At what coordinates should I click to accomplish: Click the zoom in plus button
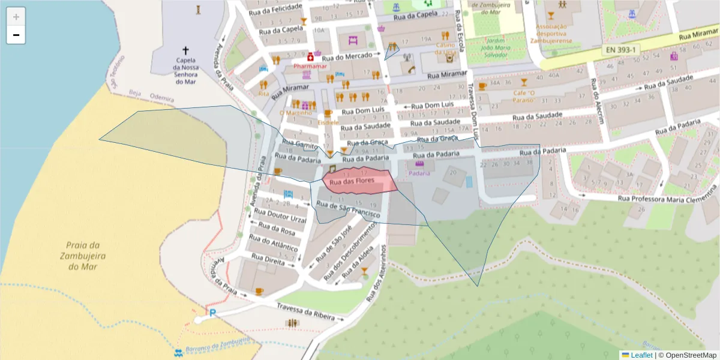pyautogui.click(x=16, y=17)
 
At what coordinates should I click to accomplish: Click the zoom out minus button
pyautogui.click(x=16, y=35)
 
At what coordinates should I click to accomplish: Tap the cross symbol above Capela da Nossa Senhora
pyautogui.click(x=185, y=51)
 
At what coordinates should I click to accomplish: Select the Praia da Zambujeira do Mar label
pyautogui.click(x=82, y=256)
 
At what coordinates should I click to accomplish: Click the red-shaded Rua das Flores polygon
pyautogui.click(x=360, y=181)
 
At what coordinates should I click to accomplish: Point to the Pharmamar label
pyautogui.click(x=310, y=66)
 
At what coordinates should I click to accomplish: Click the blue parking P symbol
pyautogui.click(x=212, y=313)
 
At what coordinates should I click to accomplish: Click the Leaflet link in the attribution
pyautogui.click(x=641, y=355)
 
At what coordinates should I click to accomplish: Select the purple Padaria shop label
pyautogui.click(x=419, y=173)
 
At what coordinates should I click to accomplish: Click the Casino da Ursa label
pyautogui.click(x=445, y=48)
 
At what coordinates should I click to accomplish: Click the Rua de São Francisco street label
pyautogui.click(x=348, y=210)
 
